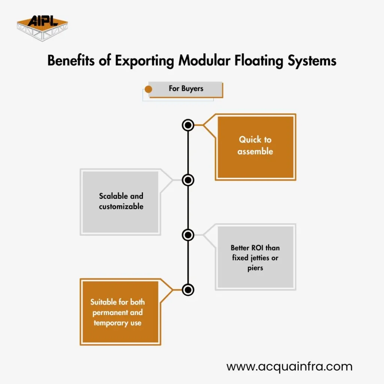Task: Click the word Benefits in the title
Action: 71,60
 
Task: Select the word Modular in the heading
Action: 204,60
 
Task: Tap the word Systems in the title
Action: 312,61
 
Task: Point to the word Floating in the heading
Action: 259,61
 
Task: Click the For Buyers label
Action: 186,88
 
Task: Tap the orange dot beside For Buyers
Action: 148,89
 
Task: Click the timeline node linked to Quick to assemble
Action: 188,125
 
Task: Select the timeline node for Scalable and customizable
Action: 188,180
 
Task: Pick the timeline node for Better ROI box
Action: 188,235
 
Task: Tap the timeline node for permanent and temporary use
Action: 188,290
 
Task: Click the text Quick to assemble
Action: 255,145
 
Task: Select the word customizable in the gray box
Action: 121,207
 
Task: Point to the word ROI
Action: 257,248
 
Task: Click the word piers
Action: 255,268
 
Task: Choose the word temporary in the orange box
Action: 111,323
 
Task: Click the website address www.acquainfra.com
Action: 289,367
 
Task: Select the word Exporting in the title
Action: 144,61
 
